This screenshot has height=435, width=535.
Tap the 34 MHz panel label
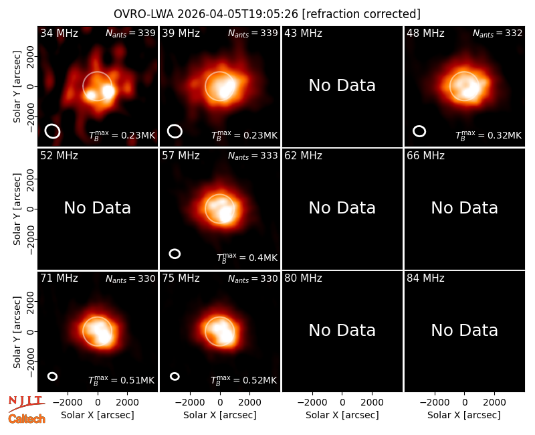[59, 33]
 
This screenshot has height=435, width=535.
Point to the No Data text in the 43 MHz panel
[342, 86]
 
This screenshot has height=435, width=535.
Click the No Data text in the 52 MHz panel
[97, 208]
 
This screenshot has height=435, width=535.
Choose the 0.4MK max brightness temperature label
[247, 258]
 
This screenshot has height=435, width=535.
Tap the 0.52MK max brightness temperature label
[243, 380]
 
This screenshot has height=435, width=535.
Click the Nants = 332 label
[498, 33]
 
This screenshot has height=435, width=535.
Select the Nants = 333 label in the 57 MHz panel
[253, 156]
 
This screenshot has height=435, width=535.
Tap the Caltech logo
[27, 419]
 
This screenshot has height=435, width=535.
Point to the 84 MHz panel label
[425, 278]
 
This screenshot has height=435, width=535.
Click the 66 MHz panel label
[425, 156]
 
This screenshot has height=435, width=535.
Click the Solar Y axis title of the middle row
[17, 209]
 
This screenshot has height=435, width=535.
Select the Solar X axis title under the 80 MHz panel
[342, 415]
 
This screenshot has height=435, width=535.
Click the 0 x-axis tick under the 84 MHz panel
[464, 403]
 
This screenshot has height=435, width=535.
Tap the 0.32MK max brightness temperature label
[489, 136]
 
